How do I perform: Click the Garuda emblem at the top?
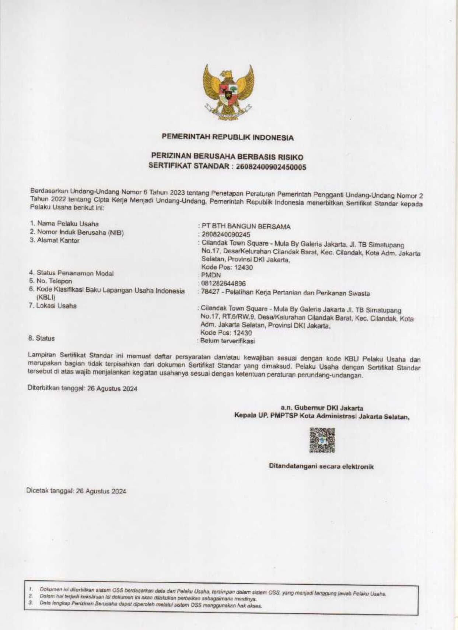coord(228,92)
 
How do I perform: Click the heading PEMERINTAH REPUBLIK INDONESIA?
coord(228,137)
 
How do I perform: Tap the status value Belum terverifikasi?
coord(227,341)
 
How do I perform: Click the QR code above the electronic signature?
coord(322,440)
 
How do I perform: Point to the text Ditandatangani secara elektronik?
coord(321,467)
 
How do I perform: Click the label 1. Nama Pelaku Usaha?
coord(64,224)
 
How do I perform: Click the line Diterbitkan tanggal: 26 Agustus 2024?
coord(82,388)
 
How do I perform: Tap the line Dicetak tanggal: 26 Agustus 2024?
coord(76,491)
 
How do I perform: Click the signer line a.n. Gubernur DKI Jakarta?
coord(322,408)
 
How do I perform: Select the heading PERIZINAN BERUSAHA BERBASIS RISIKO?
coord(227,157)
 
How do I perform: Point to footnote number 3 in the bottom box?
coord(31,603)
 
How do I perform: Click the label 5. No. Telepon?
coord(50,281)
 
